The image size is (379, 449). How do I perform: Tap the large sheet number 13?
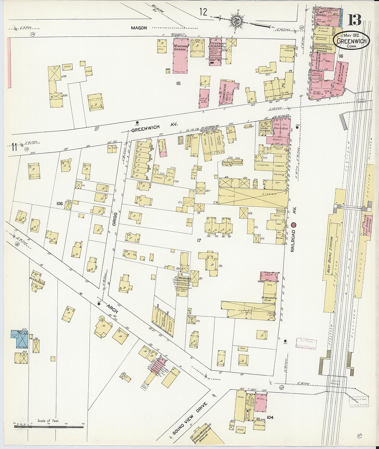click(354, 20)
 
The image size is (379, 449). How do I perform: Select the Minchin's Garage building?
click(180, 56)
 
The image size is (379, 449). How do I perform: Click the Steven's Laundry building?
click(215, 51)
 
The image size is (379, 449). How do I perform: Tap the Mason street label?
click(139, 28)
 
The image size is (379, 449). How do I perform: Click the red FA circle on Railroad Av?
click(294, 225)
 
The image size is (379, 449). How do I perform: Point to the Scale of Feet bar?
click(49, 427)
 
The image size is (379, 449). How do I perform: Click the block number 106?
click(60, 203)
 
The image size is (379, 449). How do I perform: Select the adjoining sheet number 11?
click(14, 147)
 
